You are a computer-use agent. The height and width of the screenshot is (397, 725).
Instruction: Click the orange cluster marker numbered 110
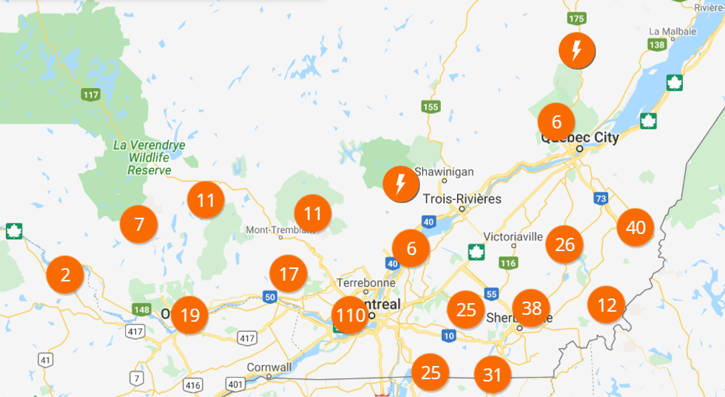click(350, 315)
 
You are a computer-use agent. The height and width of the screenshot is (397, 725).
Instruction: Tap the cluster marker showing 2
click(65, 276)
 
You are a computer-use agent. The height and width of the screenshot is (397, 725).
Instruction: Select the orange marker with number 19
click(190, 315)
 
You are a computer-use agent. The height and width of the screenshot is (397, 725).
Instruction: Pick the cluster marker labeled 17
click(289, 275)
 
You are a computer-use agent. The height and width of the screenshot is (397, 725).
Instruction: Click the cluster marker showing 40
click(635, 227)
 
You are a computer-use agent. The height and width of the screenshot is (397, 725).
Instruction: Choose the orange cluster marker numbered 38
click(531, 307)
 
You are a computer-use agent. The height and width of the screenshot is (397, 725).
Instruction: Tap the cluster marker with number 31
click(493, 375)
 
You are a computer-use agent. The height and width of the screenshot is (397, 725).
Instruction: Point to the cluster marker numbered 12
click(607, 304)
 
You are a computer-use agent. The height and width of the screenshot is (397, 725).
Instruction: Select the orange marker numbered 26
click(564, 244)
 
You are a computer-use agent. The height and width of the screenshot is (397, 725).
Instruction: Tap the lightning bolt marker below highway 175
click(577, 50)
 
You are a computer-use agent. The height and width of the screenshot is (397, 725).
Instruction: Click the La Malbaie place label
click(672, 31)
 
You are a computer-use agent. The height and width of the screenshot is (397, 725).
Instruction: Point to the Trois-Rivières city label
click(462, 199)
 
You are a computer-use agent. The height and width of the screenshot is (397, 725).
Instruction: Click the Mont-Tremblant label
click(276, 230)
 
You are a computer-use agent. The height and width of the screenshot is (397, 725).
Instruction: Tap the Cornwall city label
click(269, 367)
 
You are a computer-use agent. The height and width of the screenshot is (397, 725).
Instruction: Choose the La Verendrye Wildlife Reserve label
click(149, 157)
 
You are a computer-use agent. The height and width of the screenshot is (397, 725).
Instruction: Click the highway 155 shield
click(431, 107)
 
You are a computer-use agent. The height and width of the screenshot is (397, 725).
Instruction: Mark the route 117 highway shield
click(92, 95)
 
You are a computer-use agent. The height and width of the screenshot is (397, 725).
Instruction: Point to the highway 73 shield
click(600, 198)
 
